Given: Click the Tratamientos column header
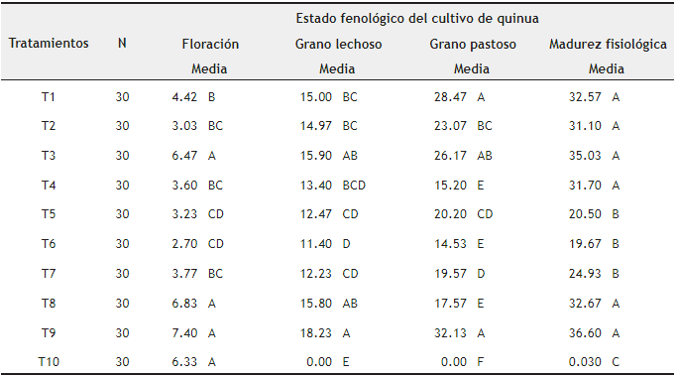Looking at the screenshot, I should pos(50,44).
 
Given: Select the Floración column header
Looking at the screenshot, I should pos(209,45).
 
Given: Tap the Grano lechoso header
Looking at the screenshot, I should pos(338,45).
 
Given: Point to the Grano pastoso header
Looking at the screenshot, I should pos(471,45).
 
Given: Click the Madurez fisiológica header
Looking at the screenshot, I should pos(607,45).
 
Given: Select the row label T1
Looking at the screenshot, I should pos(49,97).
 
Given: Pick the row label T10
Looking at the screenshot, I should pos(49,362).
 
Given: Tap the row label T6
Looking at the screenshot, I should pos(49,244).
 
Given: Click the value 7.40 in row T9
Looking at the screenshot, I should pos(184,332).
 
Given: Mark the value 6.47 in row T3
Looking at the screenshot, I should pos(184,156).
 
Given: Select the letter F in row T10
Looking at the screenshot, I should pos(481,362).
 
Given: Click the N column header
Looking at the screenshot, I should pos(122,44).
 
